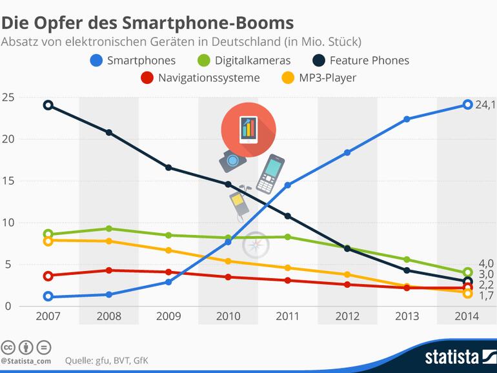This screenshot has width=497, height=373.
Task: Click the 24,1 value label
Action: pyautogui.click(x=485, y=105)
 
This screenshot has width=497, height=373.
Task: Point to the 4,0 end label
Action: pyautogui.click(x=485, y=263)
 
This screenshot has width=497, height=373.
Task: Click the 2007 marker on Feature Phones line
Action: pyautogui.click(x=48, y=105)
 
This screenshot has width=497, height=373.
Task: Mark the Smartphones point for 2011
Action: pyautogui.click(x=287, y=185)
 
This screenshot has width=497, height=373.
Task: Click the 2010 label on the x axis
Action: pyautogui.click(x=227, y=316)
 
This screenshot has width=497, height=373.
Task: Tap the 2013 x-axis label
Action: pyautogui.click(x=407, y=316)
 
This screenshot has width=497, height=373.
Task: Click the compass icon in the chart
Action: pyautogui.click(x=256, y=245)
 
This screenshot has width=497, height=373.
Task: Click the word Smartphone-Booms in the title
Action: pyautogui.click(x=219, y=24)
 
